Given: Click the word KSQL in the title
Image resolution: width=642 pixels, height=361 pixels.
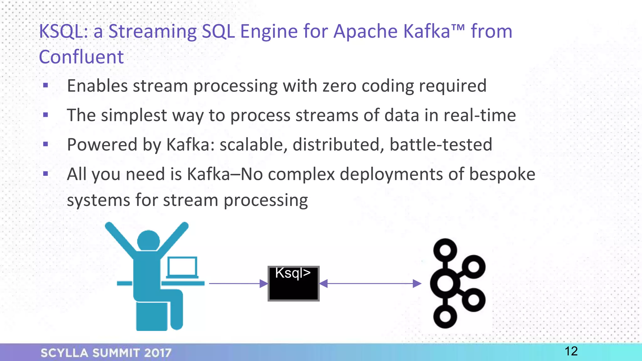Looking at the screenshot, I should pyautogui.click(x=61, y=32).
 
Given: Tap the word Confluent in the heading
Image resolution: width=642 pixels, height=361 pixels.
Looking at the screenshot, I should pyautogui.click(x=81, y=57).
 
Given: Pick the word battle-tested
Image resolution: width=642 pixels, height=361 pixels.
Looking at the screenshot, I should pyautogui.click(x=441, y=145).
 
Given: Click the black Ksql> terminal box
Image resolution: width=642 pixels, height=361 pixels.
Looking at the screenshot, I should pyautogui.click(x=293, y=284).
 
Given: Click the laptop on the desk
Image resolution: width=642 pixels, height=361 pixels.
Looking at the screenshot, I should pyautogui.click(x=182, y=268).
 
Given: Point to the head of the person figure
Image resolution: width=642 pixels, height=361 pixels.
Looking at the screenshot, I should pyautogui.click(x=149, y=241).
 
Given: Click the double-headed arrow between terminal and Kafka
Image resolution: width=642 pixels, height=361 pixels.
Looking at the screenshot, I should pyautogui.click(x=370, y=284).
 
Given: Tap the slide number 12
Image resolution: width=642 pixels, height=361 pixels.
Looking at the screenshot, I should pyautogui.click(x=571, y=351).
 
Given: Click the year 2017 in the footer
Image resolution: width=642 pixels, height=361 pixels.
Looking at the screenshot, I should pyautogui.click(x=158, y=353).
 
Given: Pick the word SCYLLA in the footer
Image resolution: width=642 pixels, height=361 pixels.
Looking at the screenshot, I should pyautogui.click(x=65, y=353).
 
